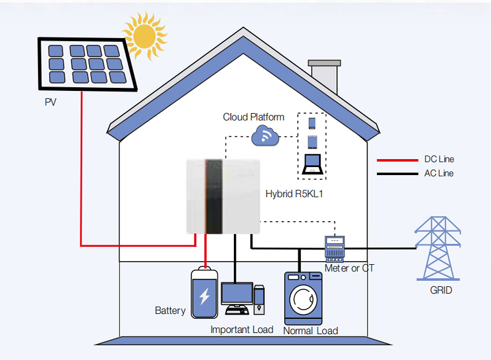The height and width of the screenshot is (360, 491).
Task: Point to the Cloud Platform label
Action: [x=253, y=117]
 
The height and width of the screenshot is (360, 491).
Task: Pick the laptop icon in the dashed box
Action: [x=314, y=164]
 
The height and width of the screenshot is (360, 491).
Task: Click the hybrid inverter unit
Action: [x=224, y=195]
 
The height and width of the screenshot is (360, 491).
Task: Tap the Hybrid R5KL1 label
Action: [x=294, y=194]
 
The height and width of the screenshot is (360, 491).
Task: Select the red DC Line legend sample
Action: [x=396, y=160]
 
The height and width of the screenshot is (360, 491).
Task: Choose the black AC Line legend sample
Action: [x=396, y=174]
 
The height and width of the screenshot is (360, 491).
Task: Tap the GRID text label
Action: [x=441, y=290]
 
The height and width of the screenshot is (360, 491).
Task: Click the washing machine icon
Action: [x=303, y=299]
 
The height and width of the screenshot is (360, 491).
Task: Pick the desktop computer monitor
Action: [x=237, y=293]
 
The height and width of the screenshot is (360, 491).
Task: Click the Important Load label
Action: [x=242, y=329]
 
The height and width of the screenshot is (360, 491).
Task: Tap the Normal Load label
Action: [x=311, y=331]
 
